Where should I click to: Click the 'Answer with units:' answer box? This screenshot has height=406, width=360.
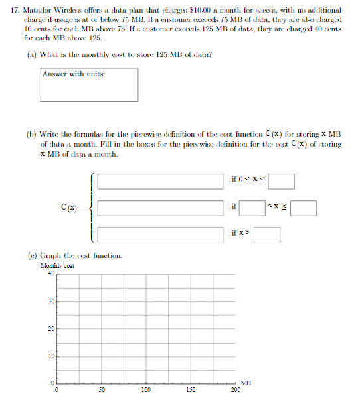(90, 84)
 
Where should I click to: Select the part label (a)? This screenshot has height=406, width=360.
(31, 54)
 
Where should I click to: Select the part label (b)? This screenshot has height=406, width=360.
(31, 133)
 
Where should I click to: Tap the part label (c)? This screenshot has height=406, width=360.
(31, 255)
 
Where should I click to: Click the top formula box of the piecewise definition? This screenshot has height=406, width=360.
(160, 181)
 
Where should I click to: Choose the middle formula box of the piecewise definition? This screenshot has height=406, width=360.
(160, 208)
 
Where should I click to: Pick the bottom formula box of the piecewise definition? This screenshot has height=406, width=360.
(160, 234)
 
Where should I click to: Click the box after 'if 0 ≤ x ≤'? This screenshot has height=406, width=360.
(282, 181)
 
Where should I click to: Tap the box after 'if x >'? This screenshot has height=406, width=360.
(266, 235)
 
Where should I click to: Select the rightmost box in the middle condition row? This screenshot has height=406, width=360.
(303, 208)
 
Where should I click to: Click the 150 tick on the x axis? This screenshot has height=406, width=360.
(191, 391)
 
